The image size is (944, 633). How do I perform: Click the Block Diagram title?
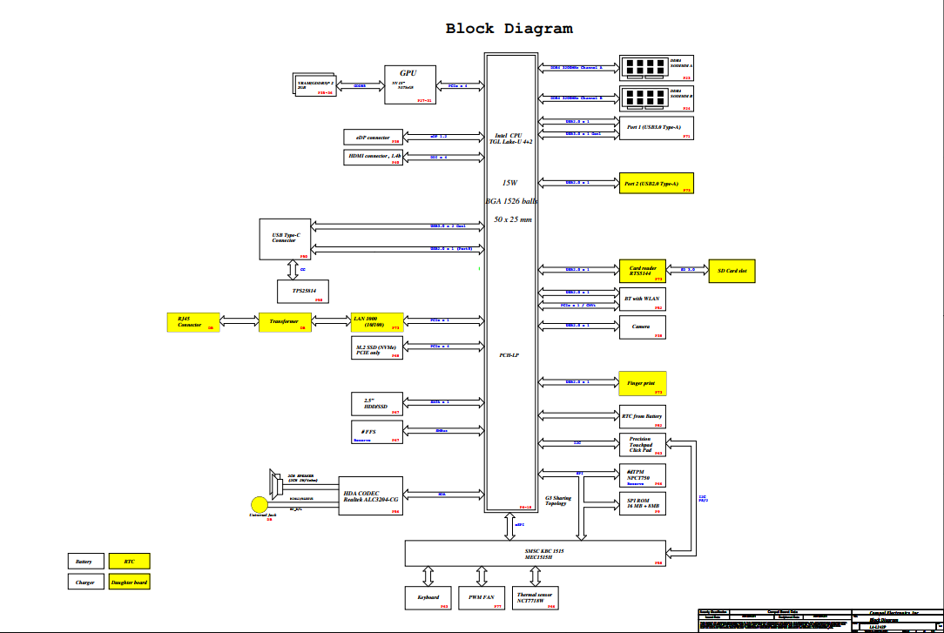tap(509, 29)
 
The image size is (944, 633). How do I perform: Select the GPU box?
tap(409, 84)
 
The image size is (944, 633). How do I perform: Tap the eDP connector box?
tap(373, 137)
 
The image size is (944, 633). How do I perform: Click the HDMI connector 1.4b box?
tap(373, 158)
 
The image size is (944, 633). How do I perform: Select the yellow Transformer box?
tap(285, 322)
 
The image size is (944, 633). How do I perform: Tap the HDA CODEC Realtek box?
tap(371, 495)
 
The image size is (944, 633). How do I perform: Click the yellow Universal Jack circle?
tap(259, 504)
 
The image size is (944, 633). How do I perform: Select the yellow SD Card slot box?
tap(732, 272)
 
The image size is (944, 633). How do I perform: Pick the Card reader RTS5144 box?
tap(643, 272)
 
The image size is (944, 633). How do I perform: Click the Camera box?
tap(642, 327)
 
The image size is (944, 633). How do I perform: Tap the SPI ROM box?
tap(642, 504)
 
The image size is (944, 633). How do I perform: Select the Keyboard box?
tap(428, 597)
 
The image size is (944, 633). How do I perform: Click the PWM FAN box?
tap(482, 597)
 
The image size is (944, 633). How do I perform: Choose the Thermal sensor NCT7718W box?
tap(534, 597)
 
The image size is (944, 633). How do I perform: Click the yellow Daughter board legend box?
tap(129, 582)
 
